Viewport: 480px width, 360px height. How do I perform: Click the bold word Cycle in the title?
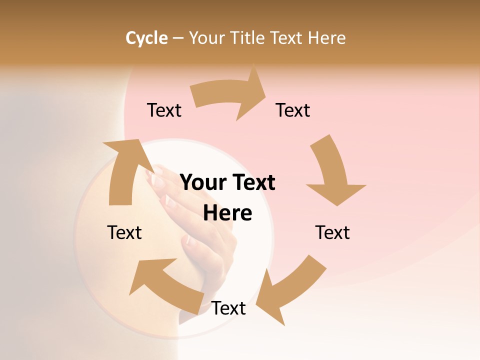(146, 38)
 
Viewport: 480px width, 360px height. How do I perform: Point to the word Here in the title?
(327, 38)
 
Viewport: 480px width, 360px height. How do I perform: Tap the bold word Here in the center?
(227, 213)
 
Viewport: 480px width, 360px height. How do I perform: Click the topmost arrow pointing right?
(230, 95)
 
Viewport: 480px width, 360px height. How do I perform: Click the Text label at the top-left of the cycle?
(164, 110)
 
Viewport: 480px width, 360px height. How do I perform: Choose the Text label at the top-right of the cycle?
(293, 110)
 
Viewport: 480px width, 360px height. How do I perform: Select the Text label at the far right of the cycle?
(332, 232)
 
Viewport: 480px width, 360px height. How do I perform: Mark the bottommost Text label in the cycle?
(228, 308)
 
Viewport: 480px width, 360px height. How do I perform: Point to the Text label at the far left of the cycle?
(124, 232)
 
